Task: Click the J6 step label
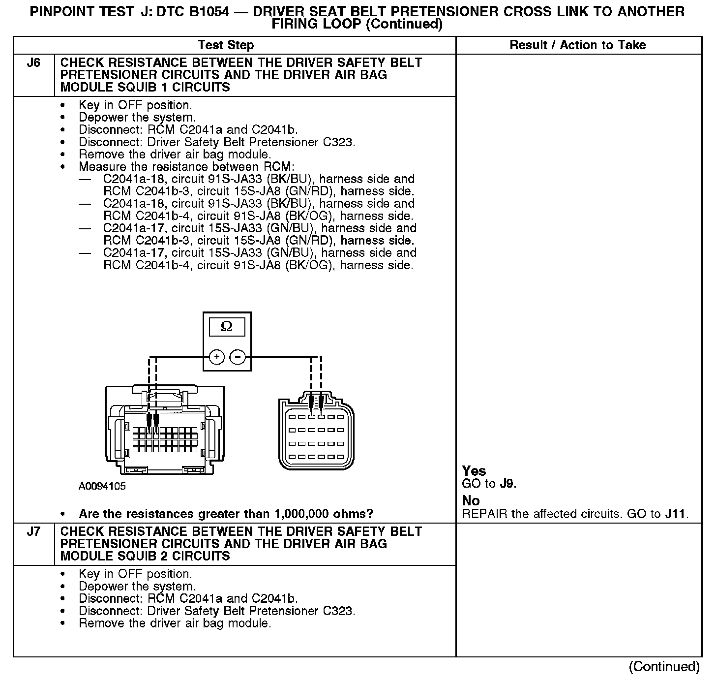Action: pos(33,63)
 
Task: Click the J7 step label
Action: pos(33,532)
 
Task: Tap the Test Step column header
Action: pos(226,45)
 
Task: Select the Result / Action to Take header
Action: pos(577,45)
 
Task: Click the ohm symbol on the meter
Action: pos(227,326)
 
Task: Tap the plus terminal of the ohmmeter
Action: pos(217,357)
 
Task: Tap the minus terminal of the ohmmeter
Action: pos(238,357)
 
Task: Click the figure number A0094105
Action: pos(102,487)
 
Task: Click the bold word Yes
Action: pos(474,471)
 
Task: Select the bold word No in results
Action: pos(471,501)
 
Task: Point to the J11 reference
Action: pos(675,514)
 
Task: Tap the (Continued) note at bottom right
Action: pos(664,666)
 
